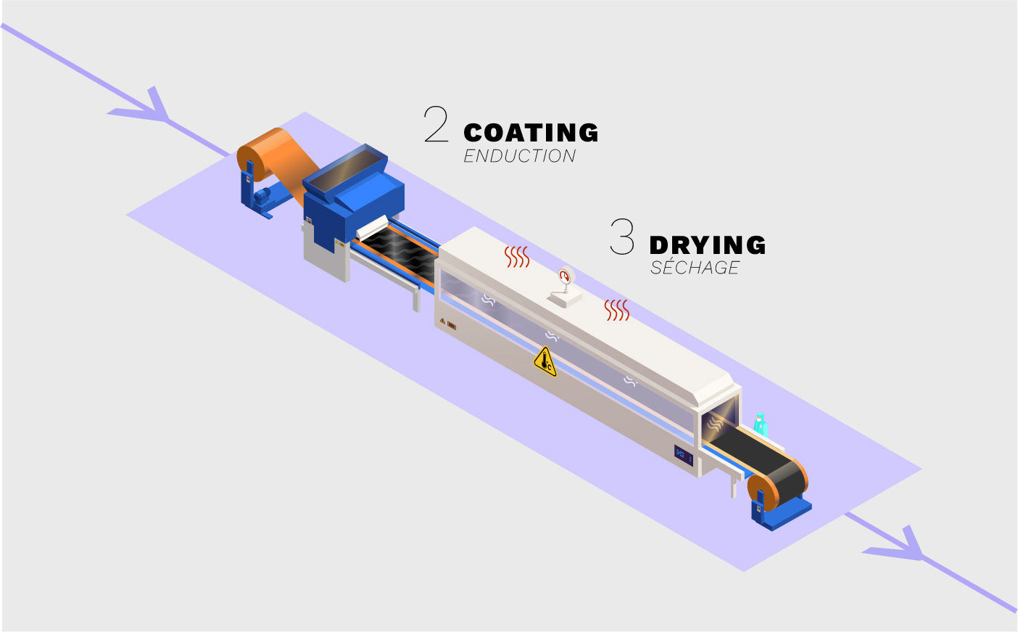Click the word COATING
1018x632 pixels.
(x=531, y=133)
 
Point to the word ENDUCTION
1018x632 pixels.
(x=519, y=156)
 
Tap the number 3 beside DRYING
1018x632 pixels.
(x=622, y=237)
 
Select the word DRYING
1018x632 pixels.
(x=708, y=245)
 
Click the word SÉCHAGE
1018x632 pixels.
(x=695, y=268)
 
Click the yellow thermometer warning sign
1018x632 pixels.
(x=545, y=361)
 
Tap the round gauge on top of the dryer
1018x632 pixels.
(x=565, y=277)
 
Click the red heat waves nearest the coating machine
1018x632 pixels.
(x=517, y=256)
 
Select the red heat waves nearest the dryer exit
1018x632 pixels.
(x=617, y=310)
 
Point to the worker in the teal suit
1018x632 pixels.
(x=760, y=423)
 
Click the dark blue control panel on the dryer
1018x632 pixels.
(x=684, y=455)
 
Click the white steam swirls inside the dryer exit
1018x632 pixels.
(x=716, y=422)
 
